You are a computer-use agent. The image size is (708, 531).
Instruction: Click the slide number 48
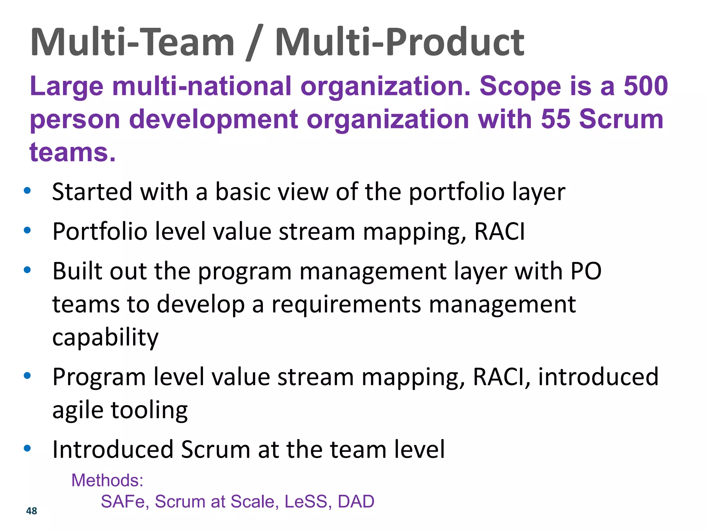pos(31,511)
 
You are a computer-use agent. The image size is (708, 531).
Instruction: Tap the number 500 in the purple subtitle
pos(645,86)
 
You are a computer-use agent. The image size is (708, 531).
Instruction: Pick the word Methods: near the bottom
pos(107,480)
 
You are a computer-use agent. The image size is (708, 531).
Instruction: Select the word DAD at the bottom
pos(356,501)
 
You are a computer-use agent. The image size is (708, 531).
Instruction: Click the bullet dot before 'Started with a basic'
pos(27,190)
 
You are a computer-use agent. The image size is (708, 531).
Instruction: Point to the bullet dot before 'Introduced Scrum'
pos(27,448)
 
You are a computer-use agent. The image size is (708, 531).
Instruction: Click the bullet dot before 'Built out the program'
pos(27,270)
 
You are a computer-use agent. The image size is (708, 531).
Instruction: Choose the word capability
pos(105,337)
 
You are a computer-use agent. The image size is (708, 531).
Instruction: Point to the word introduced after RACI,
pos(598,376)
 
